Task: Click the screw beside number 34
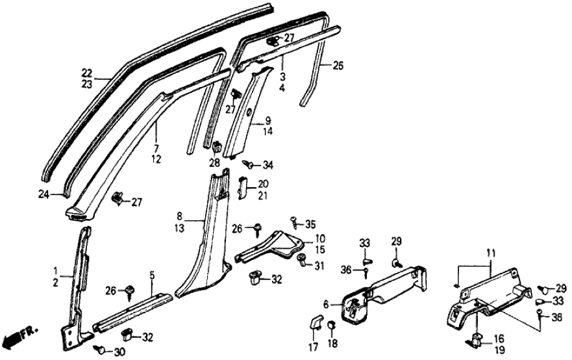pos(247,164)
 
